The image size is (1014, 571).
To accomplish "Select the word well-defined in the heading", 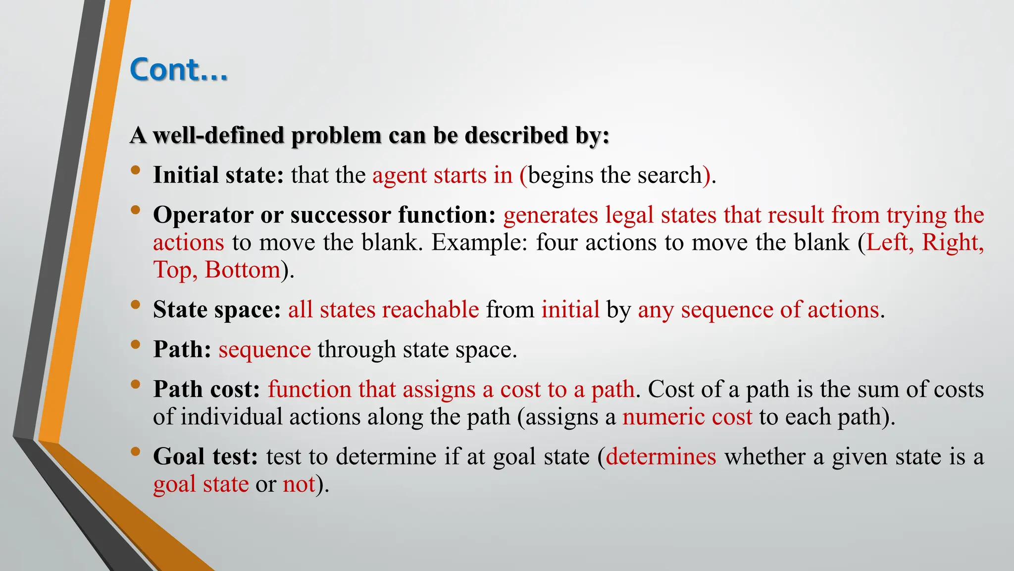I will [x=218, y=135].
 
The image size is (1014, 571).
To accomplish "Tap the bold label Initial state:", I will [x=218, y=175].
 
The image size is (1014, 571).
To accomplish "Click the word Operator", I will [x=203, y=215].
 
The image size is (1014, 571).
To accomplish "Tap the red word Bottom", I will [x=243, y=270].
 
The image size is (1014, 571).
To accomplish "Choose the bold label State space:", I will [x=217, y=310].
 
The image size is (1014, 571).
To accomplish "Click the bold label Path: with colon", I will [x=182, y=349].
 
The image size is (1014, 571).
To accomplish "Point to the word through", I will [x=356, y=349].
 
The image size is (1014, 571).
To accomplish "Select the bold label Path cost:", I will [x=206, y=390].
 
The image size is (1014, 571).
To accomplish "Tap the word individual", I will [x=231, y=417].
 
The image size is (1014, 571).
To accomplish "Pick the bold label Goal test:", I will [x=205, y=457].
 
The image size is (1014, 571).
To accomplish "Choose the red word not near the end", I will [x=299, y=484].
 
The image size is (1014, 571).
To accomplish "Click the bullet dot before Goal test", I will [x=135, y=452].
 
